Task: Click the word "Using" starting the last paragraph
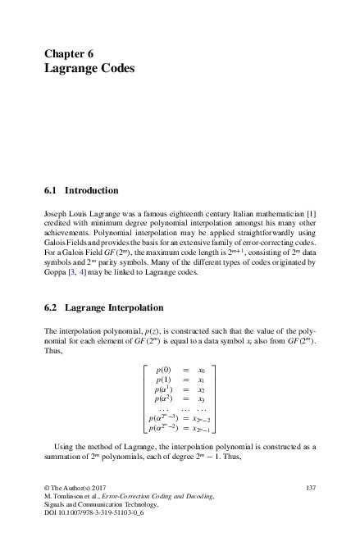tap(63, 444)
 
